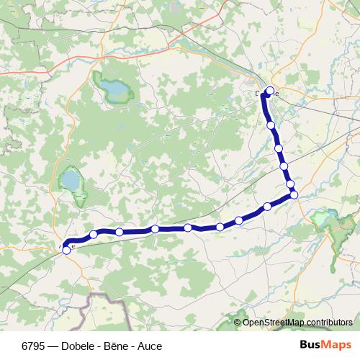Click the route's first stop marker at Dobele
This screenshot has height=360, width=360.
coord(271,91)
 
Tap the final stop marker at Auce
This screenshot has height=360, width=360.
coord(67,250)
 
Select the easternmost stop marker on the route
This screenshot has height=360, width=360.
coord(294,194)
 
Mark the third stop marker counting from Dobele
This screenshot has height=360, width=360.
coord(279,148)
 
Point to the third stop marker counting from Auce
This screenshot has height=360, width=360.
coord(119,232)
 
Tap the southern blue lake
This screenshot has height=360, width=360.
coord(71,179)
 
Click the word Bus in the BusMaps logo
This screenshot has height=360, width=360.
coord(312,345)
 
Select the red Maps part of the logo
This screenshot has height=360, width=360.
coord(336,345)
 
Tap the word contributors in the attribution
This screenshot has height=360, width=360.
coord(328,323)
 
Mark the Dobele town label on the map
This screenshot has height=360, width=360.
coord(264,94)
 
